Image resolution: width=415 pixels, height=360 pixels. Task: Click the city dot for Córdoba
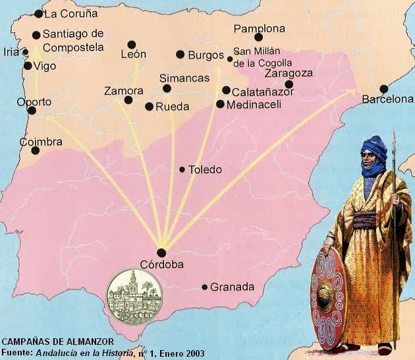(161, 253)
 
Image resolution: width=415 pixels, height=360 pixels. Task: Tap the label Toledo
(205, 170)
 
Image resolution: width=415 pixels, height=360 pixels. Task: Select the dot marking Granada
(205, 287)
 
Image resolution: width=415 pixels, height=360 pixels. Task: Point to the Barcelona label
(387, 99)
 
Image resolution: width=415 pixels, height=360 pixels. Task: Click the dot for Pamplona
(258, 37)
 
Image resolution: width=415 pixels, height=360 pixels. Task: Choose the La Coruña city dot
(38, 14)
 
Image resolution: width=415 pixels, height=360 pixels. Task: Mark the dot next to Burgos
(180, 55)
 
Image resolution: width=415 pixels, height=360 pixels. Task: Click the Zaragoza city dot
(289, 84)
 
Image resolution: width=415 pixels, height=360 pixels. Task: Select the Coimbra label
(41, 142)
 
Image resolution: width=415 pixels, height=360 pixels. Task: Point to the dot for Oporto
(32, 110)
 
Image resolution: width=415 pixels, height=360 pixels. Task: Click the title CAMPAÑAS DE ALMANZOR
(57, 342)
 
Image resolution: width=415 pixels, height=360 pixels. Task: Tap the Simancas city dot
(167, 88)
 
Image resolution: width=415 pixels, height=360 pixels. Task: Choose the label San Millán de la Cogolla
(258, 57)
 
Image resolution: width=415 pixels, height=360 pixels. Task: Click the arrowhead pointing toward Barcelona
(353, 91)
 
